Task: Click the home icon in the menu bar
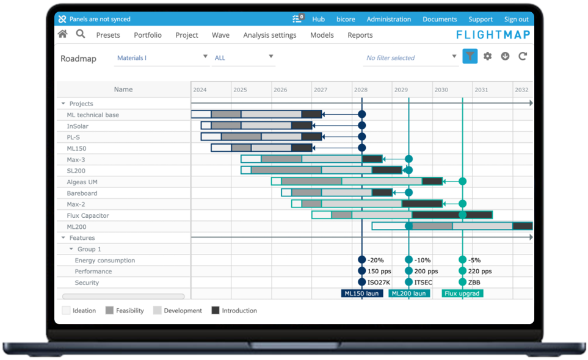click(x=62, y=35)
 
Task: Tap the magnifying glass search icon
click(x=81, y=34)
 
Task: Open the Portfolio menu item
click(x=148, y=35)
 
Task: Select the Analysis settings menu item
click(x=269, y=35)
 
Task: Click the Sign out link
click(x=516, y=20)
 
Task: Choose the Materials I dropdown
click(x=161, y=58)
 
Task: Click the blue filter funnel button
click(x=470, y=57)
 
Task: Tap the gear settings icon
click(x=487, y=57)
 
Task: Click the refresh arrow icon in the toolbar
click(x=523, y=57)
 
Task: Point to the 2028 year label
click(x=360, y=90)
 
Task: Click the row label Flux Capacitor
click(x=88, y=215)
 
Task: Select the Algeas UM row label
click(x=82, y=182)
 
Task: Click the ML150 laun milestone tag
click(x=362, y=293)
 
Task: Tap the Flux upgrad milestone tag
click(x=462, y=293)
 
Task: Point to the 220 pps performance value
click(x=479, y=272)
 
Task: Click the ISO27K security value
click(x=379, y=283)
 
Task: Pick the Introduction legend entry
click(x=239, y=311)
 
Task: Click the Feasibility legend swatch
click(x=110, y=311)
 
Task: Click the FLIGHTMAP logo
click(x=493, y=35)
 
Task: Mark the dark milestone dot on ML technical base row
click(x=361, y=114)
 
